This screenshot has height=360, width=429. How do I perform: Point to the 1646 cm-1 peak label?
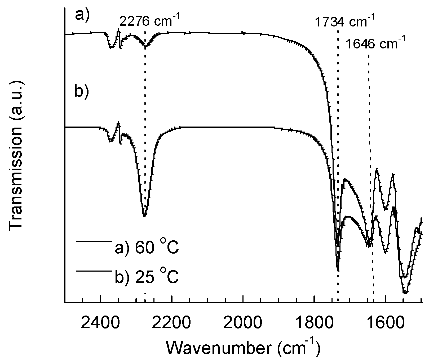[375, 44]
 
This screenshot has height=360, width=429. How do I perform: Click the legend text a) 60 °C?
[147, 248]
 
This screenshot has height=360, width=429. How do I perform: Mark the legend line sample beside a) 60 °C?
[93, 241]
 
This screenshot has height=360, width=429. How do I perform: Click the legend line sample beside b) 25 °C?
[93, 271]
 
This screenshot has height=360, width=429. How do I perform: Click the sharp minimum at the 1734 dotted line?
[338, 270]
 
